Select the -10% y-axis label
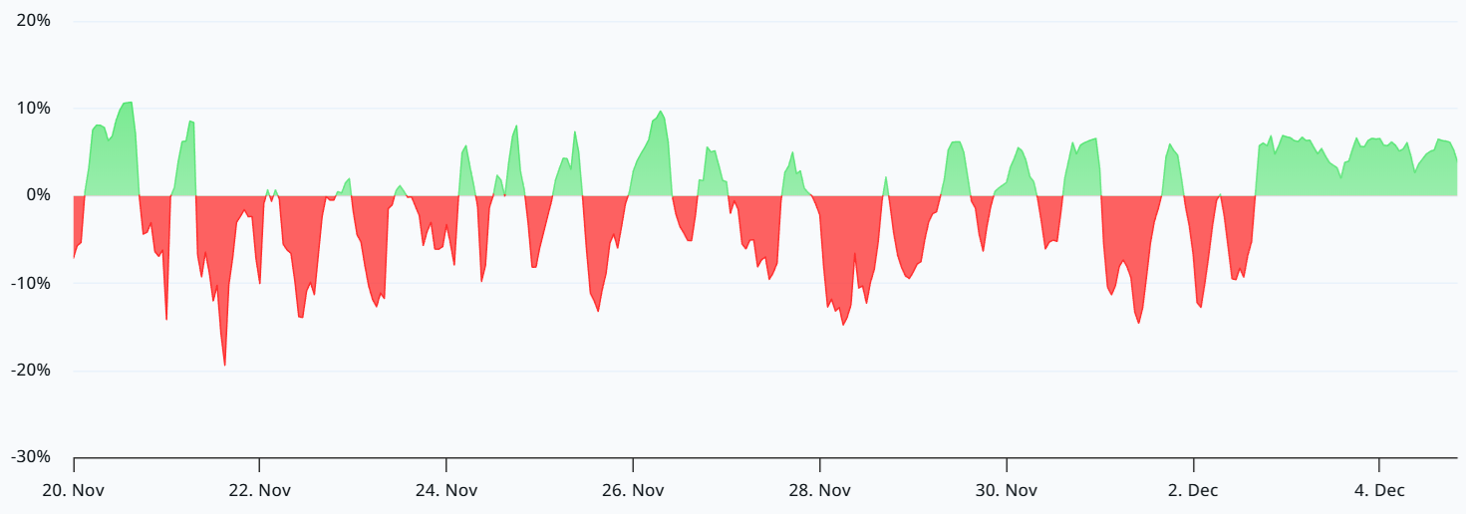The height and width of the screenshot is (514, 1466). point(31,283)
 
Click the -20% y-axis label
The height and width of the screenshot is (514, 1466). point(31,370)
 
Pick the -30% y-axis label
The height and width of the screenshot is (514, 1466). point(31,457)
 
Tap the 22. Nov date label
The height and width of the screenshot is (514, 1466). point(259,490)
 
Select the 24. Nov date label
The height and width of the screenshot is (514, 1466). point(446,490)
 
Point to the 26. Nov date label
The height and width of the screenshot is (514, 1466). point(633,490)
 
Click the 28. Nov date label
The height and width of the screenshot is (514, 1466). point(820,490)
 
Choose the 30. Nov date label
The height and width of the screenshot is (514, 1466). point(1007,490)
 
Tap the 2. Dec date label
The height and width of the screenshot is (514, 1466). point(1194,490)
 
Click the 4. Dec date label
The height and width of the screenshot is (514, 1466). point(1380,490)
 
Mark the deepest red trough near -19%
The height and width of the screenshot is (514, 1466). point(224,366)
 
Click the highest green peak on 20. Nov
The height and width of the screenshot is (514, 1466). point(129,103)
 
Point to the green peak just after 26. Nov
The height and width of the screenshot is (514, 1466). point(661,112)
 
